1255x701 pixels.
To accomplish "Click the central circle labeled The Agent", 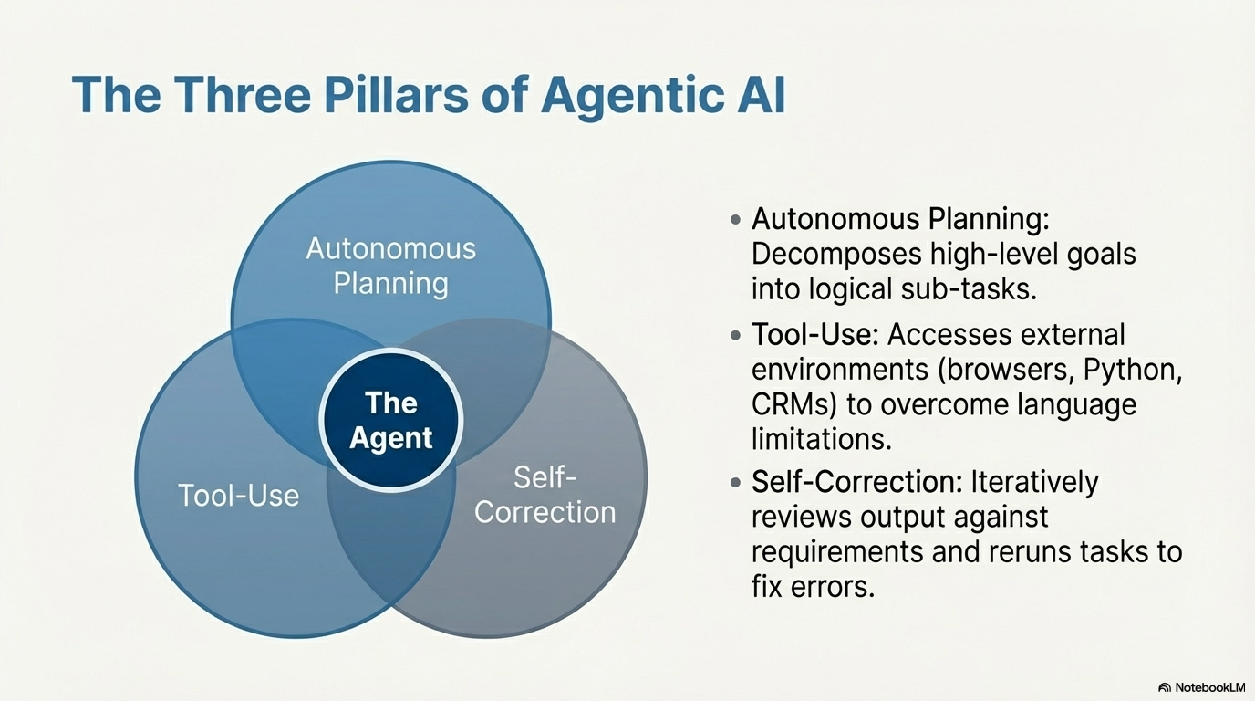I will pyautogui.click(x=391, y=421).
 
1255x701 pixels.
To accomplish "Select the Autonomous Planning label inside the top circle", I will pyautogui.click(x=390, y=266).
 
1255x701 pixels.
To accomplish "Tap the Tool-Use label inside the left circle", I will pyautogui.click(x=238, y=496).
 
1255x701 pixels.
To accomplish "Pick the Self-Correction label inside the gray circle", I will pyautogui.click(x=545, y=495).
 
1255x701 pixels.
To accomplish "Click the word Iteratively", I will pyautogui.click(x=1034, y=481).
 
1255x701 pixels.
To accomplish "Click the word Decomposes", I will pyautogui.click(x=834, y=254).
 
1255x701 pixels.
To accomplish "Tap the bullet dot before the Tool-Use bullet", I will pyautogui.click(x=735, y=336).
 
